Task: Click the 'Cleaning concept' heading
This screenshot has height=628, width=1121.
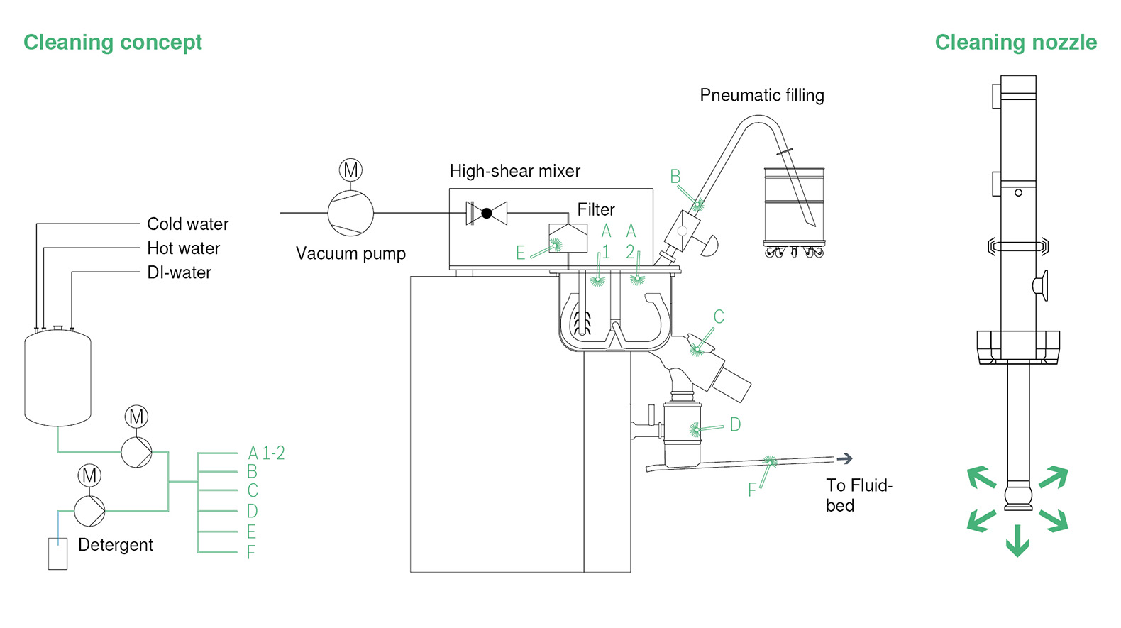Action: (x=113, y=43)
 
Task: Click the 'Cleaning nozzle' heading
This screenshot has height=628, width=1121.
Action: (x=1015, y=43)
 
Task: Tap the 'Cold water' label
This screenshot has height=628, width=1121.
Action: (x=187, y=224)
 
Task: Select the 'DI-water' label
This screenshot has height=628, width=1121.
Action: (x=179, y=272)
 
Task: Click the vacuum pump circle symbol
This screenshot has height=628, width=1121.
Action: (x=350, y=213)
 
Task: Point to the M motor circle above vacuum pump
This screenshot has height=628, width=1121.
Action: (x=350, y=170)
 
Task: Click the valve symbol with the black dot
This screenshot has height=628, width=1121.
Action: (x=487, y=213)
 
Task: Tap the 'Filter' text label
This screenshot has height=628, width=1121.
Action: (x=596, y=210)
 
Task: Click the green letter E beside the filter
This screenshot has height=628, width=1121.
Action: (x=520, y=253)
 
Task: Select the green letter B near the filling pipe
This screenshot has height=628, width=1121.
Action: (x=675, y=177)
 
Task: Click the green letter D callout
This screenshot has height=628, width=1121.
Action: (x=735, y=425)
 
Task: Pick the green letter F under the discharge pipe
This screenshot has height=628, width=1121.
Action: (x=752, y=490)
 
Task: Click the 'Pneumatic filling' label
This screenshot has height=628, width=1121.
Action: (x=762, y=95)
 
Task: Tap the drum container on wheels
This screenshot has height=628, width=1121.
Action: (x=794, y=206)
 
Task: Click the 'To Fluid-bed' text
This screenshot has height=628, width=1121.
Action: (x=858, y=495)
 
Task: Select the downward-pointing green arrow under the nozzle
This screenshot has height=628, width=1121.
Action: (x=1017, y=541)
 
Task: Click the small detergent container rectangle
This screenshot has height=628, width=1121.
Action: (x=57, y=553)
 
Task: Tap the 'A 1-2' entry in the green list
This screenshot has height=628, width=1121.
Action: (x=266, y=453)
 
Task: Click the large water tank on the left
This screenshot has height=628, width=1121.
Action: (x=57, y=378)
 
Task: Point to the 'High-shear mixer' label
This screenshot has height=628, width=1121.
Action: (x=515, y=171)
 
